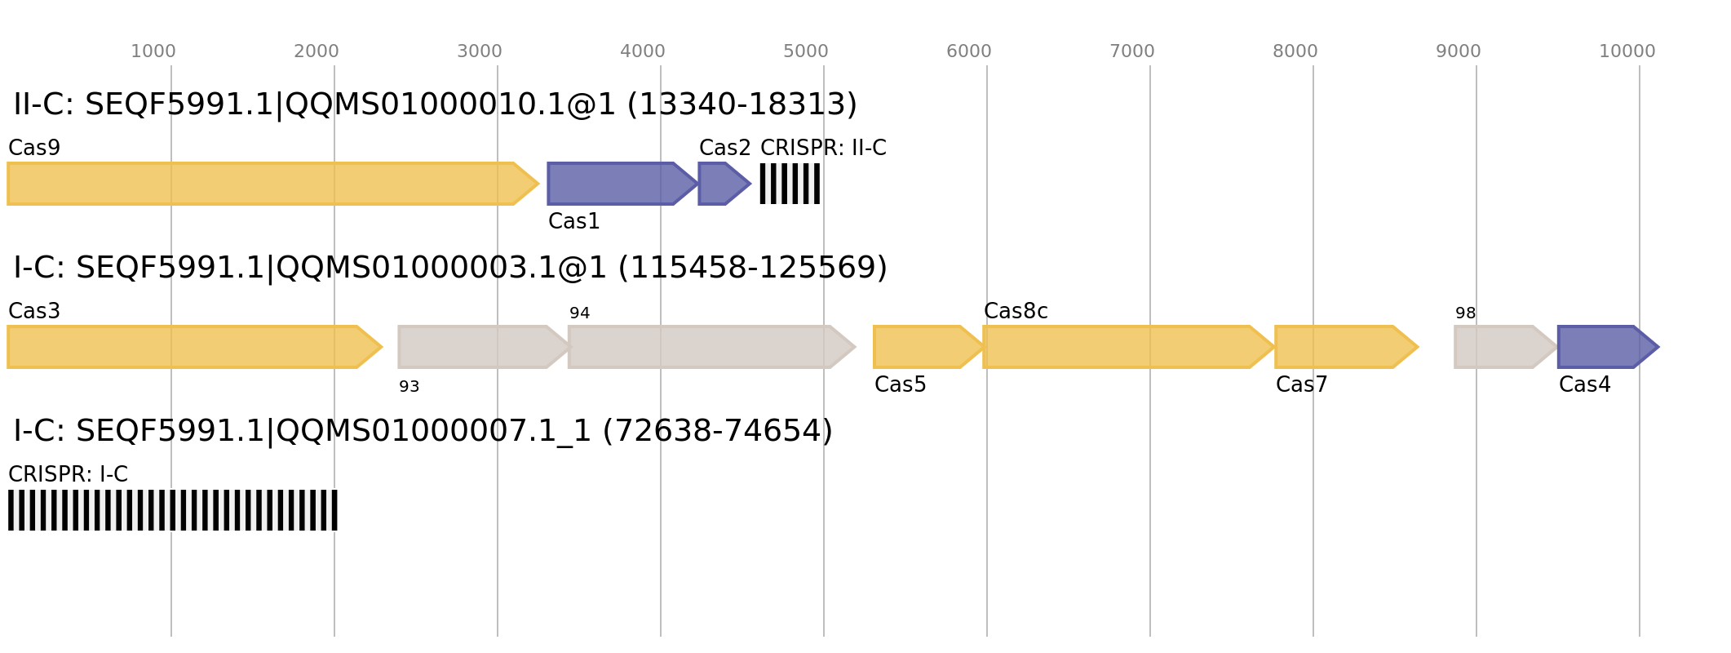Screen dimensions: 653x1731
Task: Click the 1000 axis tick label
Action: [153, 51]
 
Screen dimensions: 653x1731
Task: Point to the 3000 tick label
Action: [479, 51]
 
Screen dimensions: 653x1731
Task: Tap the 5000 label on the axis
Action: [805, 51]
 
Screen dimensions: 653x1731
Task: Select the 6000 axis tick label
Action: [968, 51]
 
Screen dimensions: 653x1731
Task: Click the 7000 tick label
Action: [1131, 51]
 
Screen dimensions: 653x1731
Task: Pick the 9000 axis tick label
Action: [1458, 51]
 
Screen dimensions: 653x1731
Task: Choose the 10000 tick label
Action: [1627, 51]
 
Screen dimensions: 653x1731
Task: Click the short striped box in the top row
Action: [790, 184]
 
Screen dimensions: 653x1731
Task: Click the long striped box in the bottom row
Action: [173, 510]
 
